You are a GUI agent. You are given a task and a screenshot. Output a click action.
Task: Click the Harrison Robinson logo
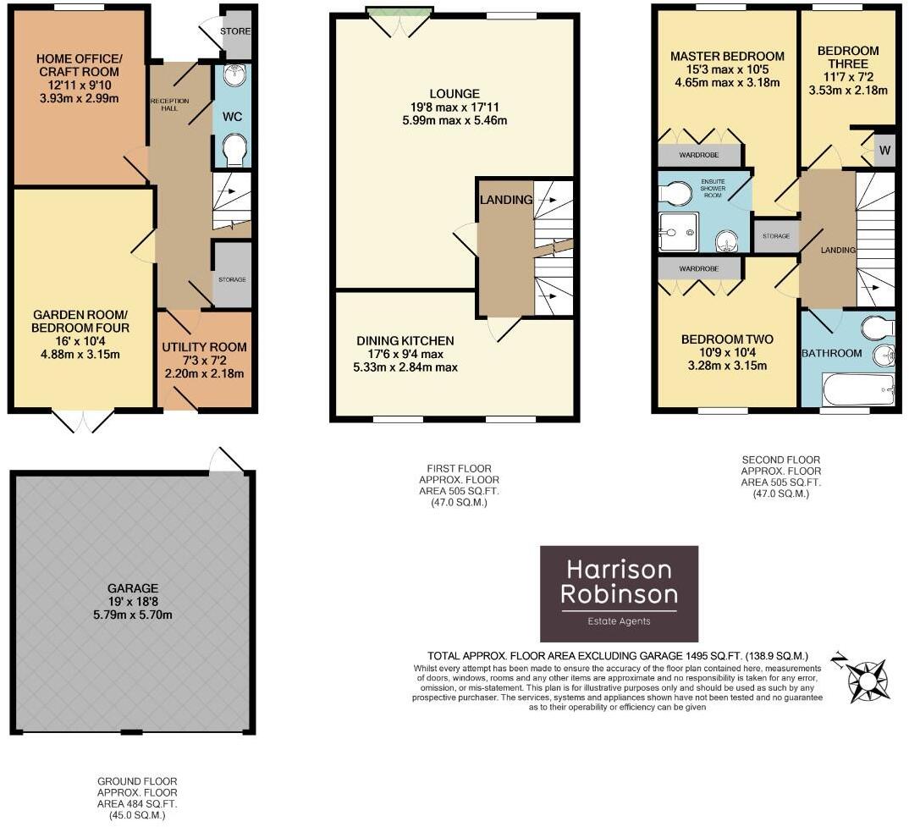click(x=619, y=593)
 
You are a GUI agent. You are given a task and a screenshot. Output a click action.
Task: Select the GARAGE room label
click(x=133, y=588)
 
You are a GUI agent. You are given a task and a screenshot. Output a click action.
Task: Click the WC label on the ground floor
click(x=233, y=117)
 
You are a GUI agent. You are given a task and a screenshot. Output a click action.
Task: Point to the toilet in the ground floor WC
click(x=236, y=150)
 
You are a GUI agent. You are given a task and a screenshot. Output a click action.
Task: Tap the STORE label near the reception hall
click(x=234, y=31)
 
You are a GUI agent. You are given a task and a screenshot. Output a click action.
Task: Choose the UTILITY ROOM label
click(x=204, y=347)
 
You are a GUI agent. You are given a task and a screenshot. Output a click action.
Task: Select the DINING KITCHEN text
click(x=405, y=340)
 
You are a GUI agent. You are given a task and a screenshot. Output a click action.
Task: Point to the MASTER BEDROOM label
click(x=727, y=56)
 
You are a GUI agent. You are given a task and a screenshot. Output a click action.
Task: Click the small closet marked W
click(x=884, y=151)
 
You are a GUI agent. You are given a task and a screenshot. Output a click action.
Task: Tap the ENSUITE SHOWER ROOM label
click(x=713, y=189)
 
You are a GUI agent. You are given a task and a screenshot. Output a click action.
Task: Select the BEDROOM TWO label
click(x=727, y=339)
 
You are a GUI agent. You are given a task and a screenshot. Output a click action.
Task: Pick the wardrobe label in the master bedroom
click(x=699, y=155)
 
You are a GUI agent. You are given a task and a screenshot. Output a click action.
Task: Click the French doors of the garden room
click(x=83, y=422)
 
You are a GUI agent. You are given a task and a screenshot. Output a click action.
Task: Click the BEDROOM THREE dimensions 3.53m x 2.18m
click(x=848, y=90)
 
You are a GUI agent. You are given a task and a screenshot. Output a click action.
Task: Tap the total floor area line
click(x=618, y=656)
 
